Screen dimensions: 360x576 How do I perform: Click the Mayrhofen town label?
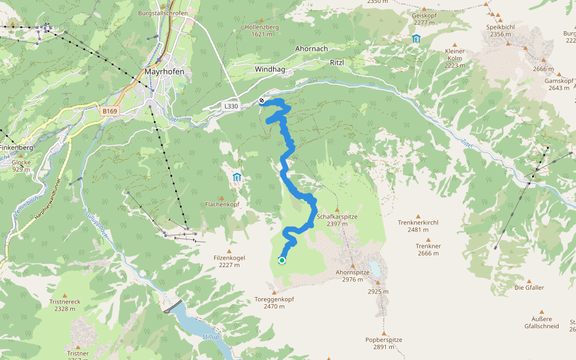click(x=164, y=71)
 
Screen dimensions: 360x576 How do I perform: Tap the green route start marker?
click(x=282, y=260)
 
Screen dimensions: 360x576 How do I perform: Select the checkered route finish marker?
click(x=262, y=100)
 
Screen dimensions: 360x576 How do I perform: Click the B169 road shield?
click(x=109, y=111)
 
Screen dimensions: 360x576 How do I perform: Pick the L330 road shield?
click(x=231, y=106)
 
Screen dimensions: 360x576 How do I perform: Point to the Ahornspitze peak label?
click(x=352, y=275)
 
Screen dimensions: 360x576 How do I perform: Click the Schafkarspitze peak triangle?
click(x=337, y=209)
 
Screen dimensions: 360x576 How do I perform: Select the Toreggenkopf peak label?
click(x=274, y=302)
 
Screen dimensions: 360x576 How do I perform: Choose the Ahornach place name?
click(x=311, y=49)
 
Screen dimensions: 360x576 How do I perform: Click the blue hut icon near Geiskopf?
click(x=416, y=39)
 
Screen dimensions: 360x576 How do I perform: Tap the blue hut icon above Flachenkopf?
click(x=237, y=178)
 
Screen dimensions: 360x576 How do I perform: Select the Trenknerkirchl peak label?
click(x=418, y=226)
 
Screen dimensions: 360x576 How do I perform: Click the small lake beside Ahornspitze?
click(x=376, y=268)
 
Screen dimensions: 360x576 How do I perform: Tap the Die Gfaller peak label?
click(x=529, y=287)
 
